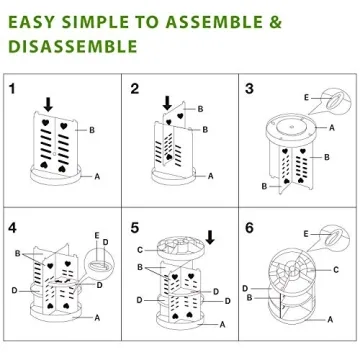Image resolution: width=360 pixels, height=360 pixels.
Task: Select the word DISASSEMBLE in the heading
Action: click(x=71, y=46)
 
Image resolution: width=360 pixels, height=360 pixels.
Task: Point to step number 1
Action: click(x=12, y=88)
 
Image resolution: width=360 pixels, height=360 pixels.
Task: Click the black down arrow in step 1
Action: click(x=46, y=103)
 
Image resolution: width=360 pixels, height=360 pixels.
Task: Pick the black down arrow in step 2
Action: click(x=166, y=103)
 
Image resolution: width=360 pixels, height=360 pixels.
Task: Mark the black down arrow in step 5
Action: click(x=209, y=236)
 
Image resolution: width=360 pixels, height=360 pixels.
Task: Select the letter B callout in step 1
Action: click(x=91, y=130)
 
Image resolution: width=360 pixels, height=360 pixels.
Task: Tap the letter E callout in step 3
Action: click(x=306, y=97)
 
